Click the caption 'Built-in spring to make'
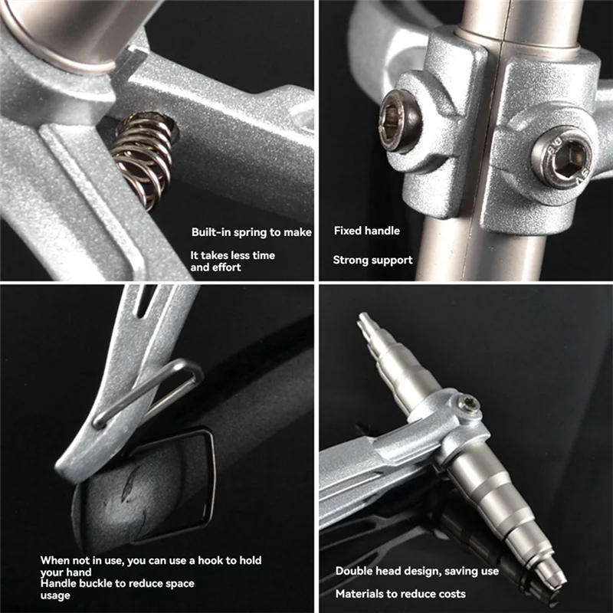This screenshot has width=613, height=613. (x=251, y=232)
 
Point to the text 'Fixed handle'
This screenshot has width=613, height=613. (x=367, y=230)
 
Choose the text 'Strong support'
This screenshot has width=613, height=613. (x=372, y=260)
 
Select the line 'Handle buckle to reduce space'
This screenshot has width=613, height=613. (x=117, y=583)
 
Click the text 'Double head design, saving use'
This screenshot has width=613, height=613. (x=417, y=571)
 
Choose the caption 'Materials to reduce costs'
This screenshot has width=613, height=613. (x=400, y=594)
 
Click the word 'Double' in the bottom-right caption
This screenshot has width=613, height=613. (x=353, y=571)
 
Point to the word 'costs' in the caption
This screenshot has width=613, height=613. (x=451, y=594)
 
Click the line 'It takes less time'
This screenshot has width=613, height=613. (x=232, y=255)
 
